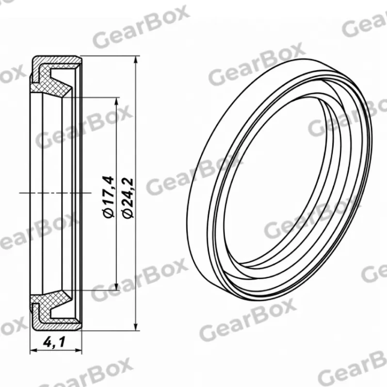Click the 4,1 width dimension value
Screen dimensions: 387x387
tap(54, 342)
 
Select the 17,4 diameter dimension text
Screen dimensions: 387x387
tap(108, 190)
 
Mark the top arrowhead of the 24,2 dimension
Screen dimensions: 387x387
tap(135, 60)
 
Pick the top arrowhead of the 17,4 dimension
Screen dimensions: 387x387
tap(117, 102)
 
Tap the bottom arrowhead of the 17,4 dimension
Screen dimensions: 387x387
tap(117, 286)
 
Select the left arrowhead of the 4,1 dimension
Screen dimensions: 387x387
tap(34, 350)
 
